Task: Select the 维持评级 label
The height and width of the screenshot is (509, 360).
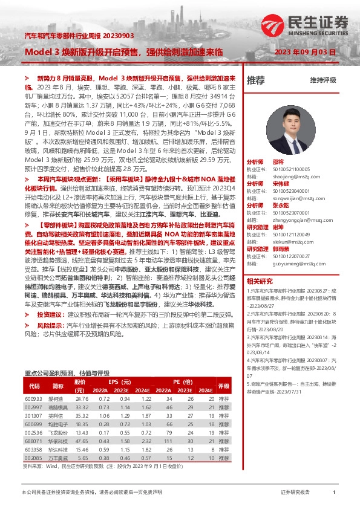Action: [322, 80]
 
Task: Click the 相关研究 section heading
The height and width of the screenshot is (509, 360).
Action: [260, 281]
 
